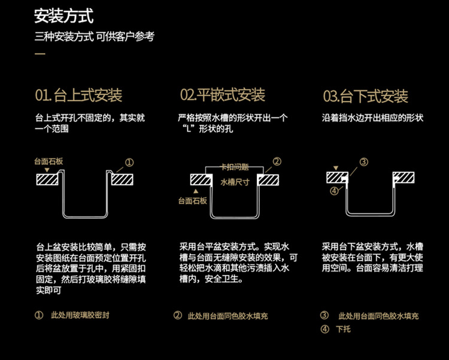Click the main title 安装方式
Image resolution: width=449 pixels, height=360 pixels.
click(63, 16)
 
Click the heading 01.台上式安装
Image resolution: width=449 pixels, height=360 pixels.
click(78, 96)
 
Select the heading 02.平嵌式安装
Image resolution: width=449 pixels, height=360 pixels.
click(223, 95)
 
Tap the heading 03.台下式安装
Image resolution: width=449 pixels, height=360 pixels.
click(365, 96)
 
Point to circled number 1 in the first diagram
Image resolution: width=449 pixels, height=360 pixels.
click(129, 162)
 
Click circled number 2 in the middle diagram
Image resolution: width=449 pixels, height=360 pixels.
click(277, 161)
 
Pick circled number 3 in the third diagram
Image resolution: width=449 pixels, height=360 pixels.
click(363, 162)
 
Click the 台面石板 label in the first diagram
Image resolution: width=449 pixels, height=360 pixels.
click(49, 161)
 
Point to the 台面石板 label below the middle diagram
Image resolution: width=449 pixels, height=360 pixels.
click(193, 201)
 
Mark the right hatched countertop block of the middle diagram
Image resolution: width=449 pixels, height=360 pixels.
click(268, 179)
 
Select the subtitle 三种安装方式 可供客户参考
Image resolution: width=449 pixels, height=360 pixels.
click(95, 36)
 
